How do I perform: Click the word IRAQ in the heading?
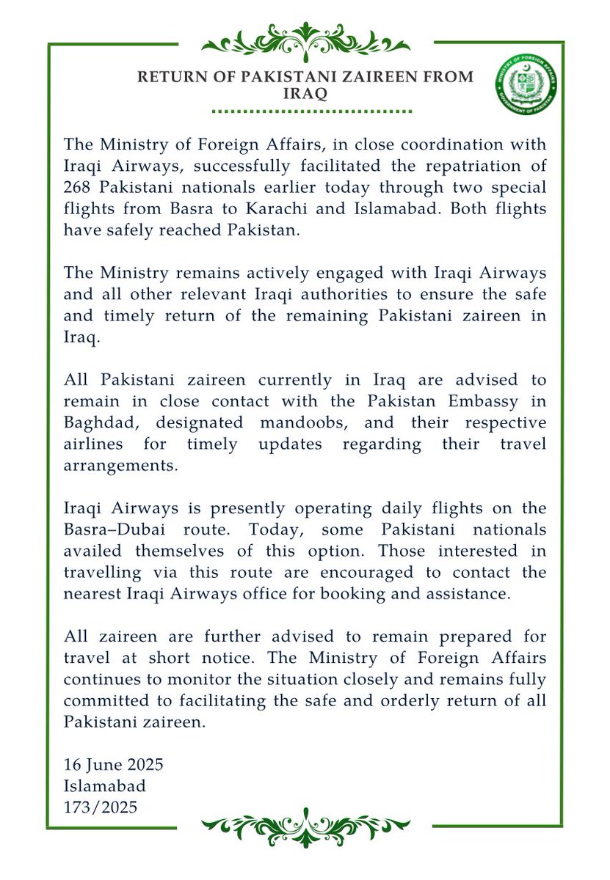[305, 95]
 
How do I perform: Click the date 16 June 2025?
[114, 765]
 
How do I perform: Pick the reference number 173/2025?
[101, 807]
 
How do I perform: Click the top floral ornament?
[305, 40]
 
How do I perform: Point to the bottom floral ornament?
[305, 827]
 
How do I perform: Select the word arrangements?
[121, 466]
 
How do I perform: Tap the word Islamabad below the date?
[105, 786]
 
